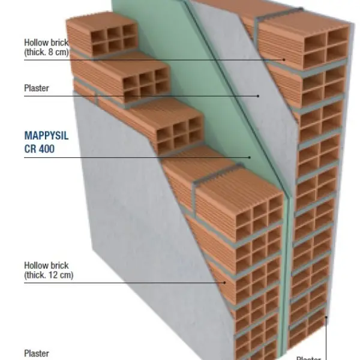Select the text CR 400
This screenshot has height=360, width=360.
39,149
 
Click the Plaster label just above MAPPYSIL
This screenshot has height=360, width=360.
37,88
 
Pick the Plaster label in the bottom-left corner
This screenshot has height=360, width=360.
37,353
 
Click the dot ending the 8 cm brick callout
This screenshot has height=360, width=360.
284,59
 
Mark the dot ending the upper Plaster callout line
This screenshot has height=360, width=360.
258,95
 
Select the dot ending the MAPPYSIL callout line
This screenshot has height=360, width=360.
250,158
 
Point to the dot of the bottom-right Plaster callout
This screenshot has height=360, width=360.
326,316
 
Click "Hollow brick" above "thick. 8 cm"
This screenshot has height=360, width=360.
46,43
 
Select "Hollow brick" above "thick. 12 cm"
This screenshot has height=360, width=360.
46,265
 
